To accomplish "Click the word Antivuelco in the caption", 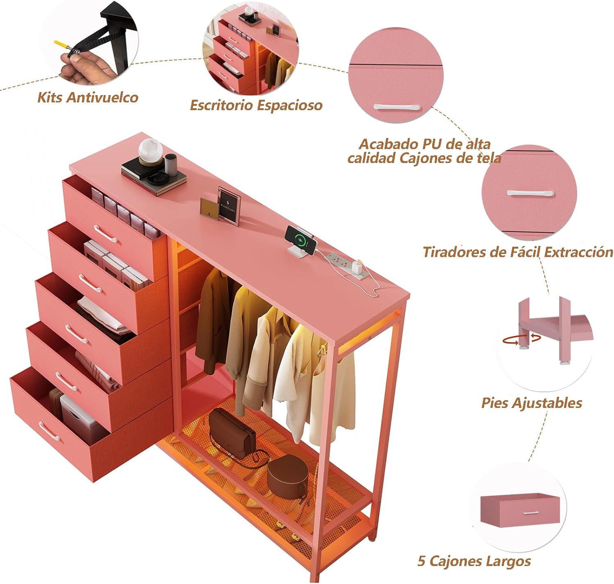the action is pyautogui.click(x=102, y=97).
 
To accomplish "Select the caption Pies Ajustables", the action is pyautogui.click(x=532, y=403).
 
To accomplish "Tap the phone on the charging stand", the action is pyautogui.click(x=300, y=240).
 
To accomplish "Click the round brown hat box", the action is pyautogui.click(x=288, y=477).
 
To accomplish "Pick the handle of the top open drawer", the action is pyautogui.click(x=106, y=233).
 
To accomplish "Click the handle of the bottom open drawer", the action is pyautogui.click(x=49, y=431).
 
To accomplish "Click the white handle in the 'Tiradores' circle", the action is pyautogui.click(x=530, y=193).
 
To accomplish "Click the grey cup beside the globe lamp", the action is pyautogui.click(x=171, y=164).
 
